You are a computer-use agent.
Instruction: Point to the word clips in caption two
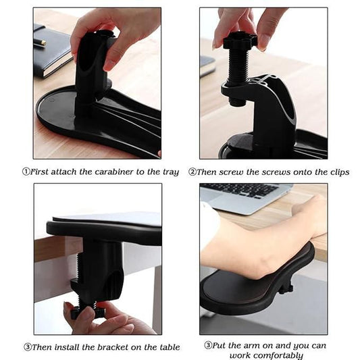click(337, 172)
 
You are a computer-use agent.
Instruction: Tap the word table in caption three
click(168, 347)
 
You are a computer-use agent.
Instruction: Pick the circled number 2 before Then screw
click(192, 172)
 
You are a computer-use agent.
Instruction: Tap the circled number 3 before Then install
click(27, 347)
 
